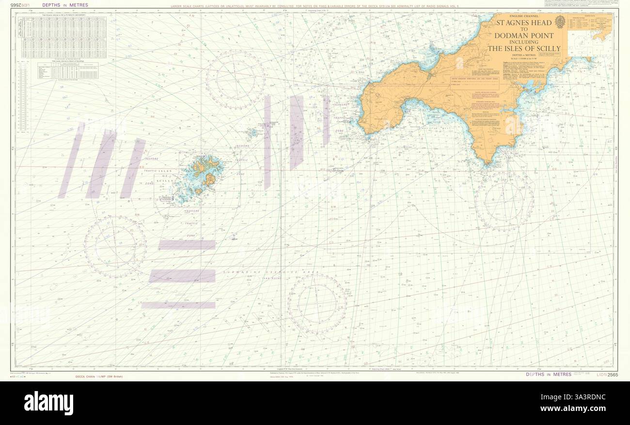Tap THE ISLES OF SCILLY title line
point(524,48)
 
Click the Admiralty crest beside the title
point(560,21)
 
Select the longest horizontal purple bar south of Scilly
point(182,276)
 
